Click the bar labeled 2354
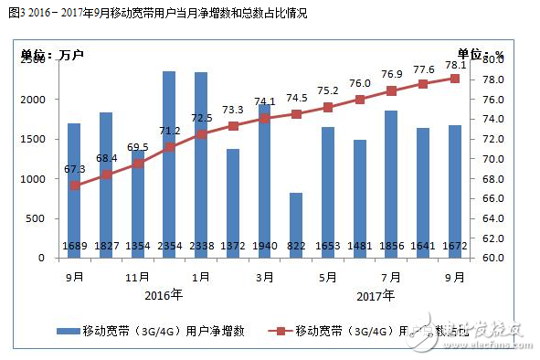click(169, 164)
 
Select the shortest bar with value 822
click(296, 225)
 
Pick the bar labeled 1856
click(391, 184)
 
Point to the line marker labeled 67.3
click(74, 185)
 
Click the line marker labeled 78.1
click(454, 79)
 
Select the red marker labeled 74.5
click(296, 114)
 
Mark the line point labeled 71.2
click(169, 147)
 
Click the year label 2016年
click(164, 294)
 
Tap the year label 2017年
click(376, 294)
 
